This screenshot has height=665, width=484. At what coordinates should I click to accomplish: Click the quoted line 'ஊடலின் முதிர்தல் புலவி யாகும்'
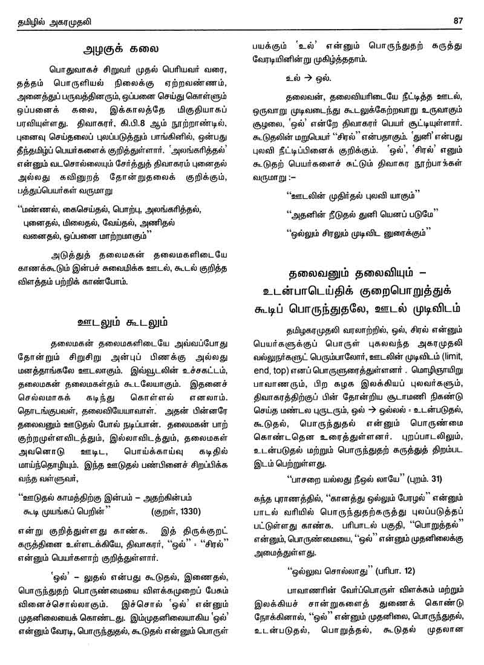click(x=347, y=196)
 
